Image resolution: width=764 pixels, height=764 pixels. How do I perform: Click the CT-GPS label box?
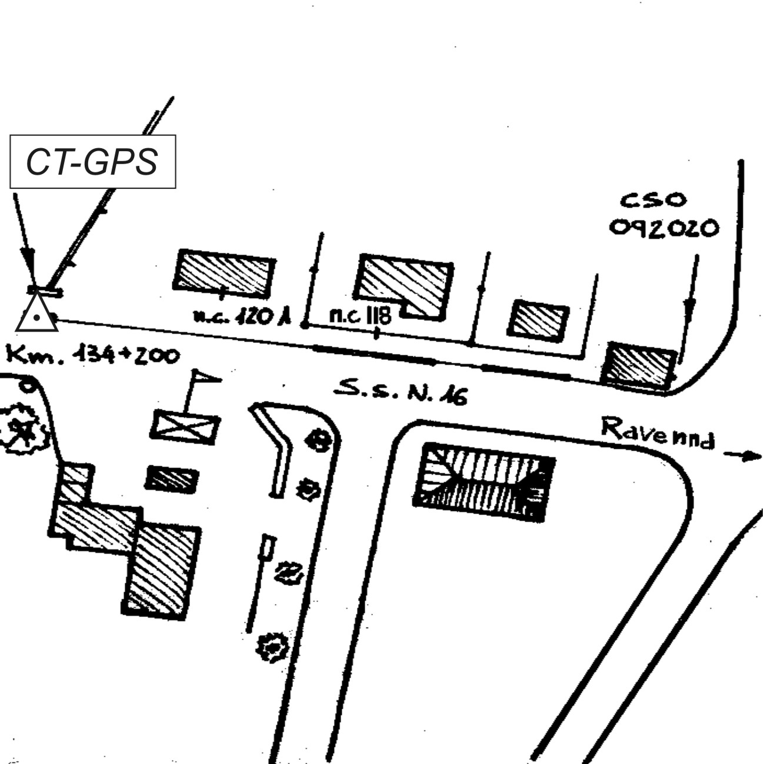pyautogui.click(x=92, y=162)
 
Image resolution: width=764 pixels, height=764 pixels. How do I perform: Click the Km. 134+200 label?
pyautogui.click(x=92, y=355)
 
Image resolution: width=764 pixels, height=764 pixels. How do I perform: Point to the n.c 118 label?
pyautogui.click(x=359, y=316)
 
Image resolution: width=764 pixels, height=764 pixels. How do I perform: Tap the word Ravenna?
pyautogui.click(x=658, y=432)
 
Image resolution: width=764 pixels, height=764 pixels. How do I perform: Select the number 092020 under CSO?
pyautogui.click(x=663, y=228)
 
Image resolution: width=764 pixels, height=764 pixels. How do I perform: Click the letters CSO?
pyautogui.click(x=653, y=201)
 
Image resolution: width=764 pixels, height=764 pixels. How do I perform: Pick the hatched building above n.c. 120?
pyautogui.click(x=224, y=272)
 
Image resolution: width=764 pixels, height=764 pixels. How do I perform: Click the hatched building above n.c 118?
pyautogui.click(x=405, y=285)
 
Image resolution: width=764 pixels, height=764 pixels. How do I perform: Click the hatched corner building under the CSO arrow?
pyautogui.click(x=639, y=365)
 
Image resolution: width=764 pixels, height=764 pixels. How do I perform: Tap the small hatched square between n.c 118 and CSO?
pyautogui.click(x=538, y=320)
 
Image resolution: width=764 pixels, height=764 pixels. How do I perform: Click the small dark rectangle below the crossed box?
pyautogui.click(x=171, y=479)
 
